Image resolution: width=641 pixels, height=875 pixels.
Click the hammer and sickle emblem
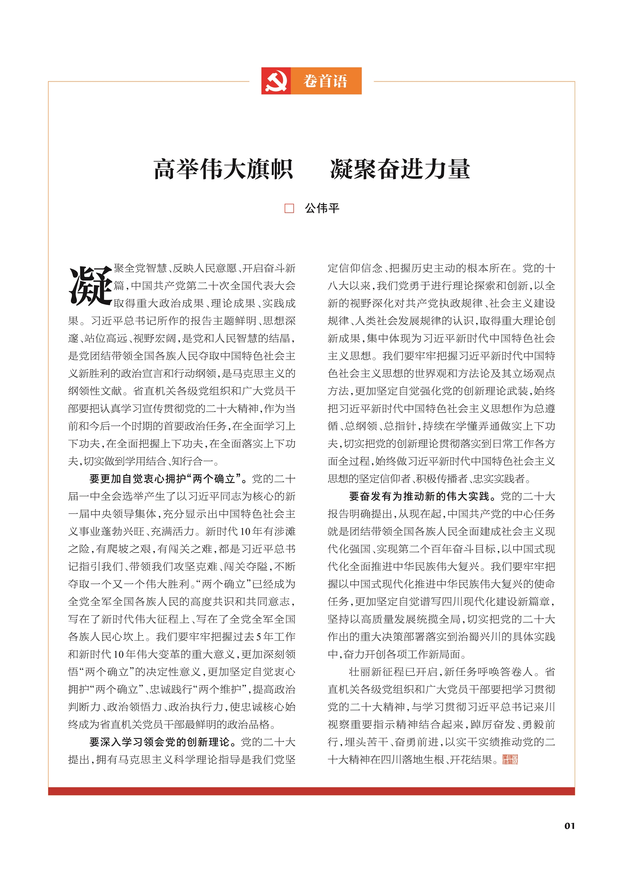tap(276, 81)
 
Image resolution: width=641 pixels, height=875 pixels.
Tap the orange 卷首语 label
tap(326, 81)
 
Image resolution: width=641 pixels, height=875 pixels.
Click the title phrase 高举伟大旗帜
tap(223, 169)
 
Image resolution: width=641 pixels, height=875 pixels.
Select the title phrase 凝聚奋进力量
tap(400, 169)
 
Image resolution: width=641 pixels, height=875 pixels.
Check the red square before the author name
tap(289, 209)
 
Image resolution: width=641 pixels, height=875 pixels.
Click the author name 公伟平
tap(322, 209)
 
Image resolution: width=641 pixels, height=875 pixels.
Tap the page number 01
tap(569, 826)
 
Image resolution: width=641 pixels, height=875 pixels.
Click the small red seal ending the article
tap(510, 759)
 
